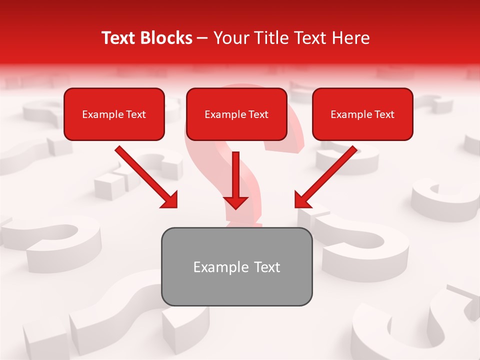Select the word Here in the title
coord(350,38)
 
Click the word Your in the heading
coord(229,38)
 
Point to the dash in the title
coord(202,38)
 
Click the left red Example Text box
coord(114,114)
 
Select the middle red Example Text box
coord(236,114)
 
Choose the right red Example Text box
coord(362,114)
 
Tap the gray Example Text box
coord(236,266)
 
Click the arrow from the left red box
coord(145,176)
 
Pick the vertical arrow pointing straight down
coord(236,177)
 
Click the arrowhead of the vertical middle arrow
coord(236,201)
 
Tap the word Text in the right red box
coord(384,114)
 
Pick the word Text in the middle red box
coord(258,114)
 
